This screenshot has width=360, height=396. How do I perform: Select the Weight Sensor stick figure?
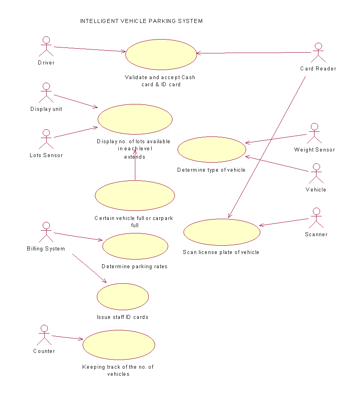point(314,134)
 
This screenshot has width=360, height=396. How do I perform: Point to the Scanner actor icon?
point(316,218)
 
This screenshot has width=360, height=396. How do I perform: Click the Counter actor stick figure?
point(44,335)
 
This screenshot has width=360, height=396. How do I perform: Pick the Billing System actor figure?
point(46,232)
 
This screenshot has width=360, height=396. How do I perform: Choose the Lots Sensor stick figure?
point(46,139)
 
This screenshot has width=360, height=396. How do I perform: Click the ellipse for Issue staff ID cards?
point(123,296)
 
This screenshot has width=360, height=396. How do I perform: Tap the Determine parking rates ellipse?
point(135,246)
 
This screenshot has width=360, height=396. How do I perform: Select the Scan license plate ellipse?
point(222,232)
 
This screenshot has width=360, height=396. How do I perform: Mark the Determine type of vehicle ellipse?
point(212,150)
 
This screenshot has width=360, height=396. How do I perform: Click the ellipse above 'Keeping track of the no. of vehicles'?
point(119,345)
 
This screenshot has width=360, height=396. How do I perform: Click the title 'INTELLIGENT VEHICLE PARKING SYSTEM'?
point(141,21)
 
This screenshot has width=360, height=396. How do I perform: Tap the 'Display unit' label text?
point(46,109)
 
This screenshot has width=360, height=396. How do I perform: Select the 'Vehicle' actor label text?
point(316,190)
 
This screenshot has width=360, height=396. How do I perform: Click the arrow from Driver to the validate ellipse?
point(89,49)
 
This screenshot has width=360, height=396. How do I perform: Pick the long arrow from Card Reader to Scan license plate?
point(267,147)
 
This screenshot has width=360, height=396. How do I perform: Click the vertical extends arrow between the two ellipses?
point(135,166)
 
